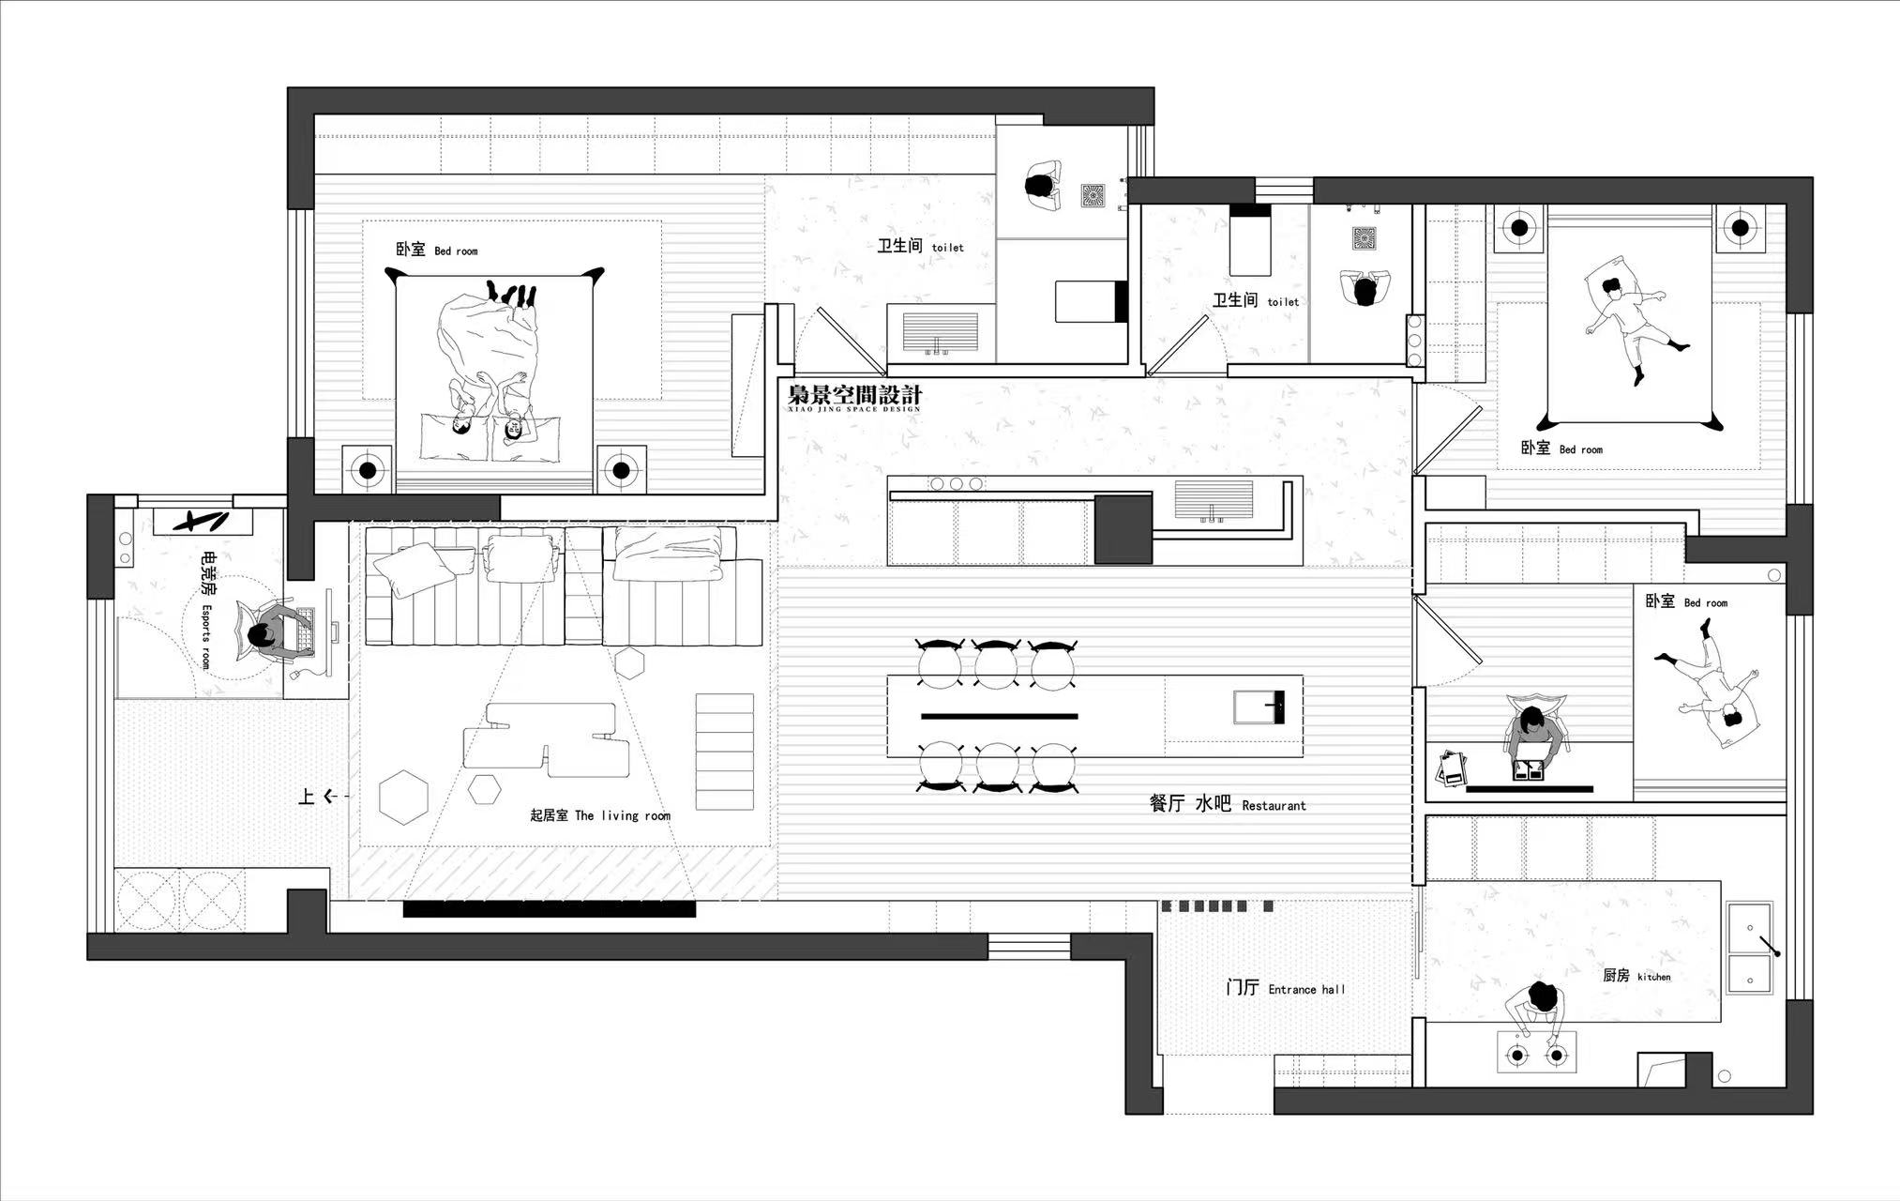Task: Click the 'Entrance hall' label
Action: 1306,989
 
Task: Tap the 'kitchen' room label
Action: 1654,977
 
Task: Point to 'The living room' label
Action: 623,815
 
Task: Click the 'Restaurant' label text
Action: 1274,805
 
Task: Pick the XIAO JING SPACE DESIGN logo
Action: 854,397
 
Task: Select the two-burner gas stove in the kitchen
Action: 1536,1052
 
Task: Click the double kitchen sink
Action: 1750,948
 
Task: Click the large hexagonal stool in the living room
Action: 404,797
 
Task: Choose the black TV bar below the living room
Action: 550,908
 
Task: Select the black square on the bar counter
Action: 1123,529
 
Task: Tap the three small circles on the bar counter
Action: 956,484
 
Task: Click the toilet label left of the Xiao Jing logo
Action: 921,246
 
